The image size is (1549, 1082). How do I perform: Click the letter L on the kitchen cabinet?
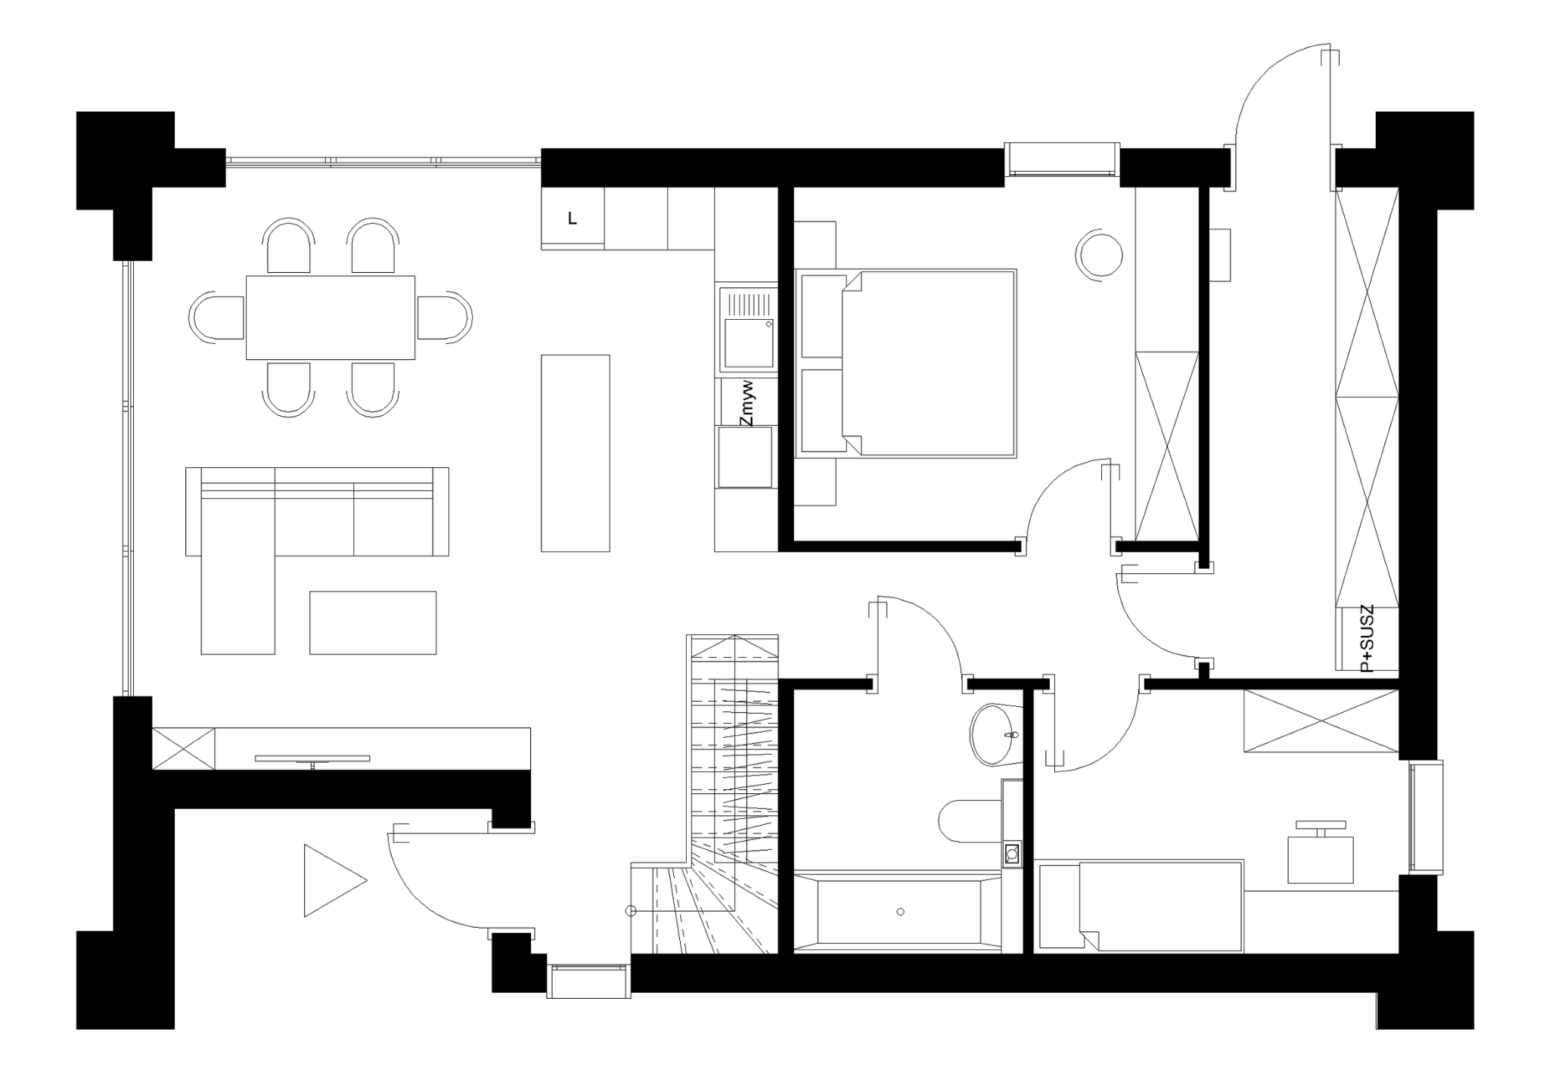pos(573,219)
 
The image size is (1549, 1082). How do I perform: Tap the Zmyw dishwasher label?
pos(748,404)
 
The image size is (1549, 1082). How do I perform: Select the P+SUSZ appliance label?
pos(1367,639)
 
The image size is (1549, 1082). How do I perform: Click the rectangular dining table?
pos(331,318)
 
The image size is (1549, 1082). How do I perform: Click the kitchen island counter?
pos(576,453)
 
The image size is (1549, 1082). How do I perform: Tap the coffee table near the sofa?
pos(373,622)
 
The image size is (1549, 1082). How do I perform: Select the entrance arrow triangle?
pos(331,880)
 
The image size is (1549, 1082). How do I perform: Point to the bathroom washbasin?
pos(995,734)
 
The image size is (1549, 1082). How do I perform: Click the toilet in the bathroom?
pos(972,820)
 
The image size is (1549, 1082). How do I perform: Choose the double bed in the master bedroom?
pos(905,364)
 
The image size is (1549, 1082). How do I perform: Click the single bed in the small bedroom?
pos(1142,905)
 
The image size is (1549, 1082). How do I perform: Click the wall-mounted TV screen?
pos(312,758)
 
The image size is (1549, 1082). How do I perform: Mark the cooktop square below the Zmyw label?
pos(745,457)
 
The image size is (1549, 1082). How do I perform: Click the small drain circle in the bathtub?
pos(900,912)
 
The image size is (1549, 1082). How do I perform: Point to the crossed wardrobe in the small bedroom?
pos(1321,721)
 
